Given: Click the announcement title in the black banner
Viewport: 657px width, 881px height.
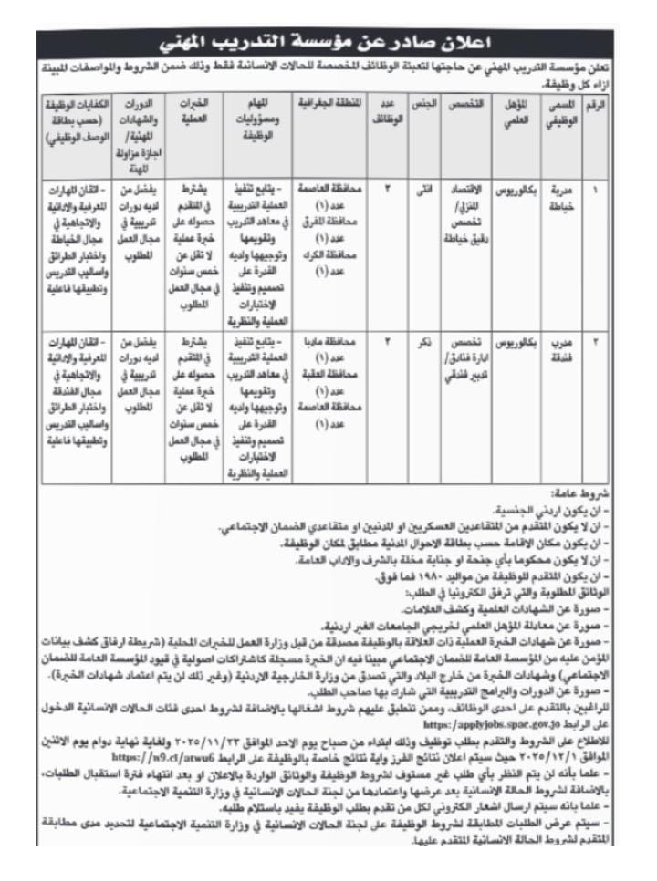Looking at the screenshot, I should click(328, 42).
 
